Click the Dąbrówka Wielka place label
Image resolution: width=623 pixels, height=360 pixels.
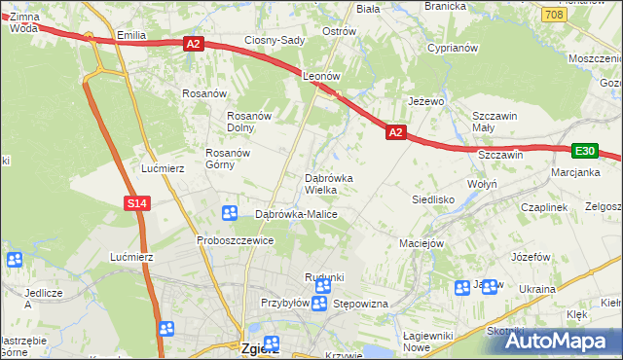click(335, 184)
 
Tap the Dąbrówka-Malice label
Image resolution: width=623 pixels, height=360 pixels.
click(296, 214)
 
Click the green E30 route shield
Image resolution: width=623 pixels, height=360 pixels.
click(584, 151)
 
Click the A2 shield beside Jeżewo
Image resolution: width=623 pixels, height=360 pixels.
click(394, 131)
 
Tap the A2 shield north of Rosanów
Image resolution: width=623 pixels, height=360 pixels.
click(192, 43)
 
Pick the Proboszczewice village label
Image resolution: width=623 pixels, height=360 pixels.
click(234, 240)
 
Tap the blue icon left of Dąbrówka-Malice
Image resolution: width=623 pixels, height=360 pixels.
click(230, 213)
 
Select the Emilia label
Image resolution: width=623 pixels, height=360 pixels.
click(130, 36)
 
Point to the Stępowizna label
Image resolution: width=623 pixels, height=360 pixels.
click(361, 304)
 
